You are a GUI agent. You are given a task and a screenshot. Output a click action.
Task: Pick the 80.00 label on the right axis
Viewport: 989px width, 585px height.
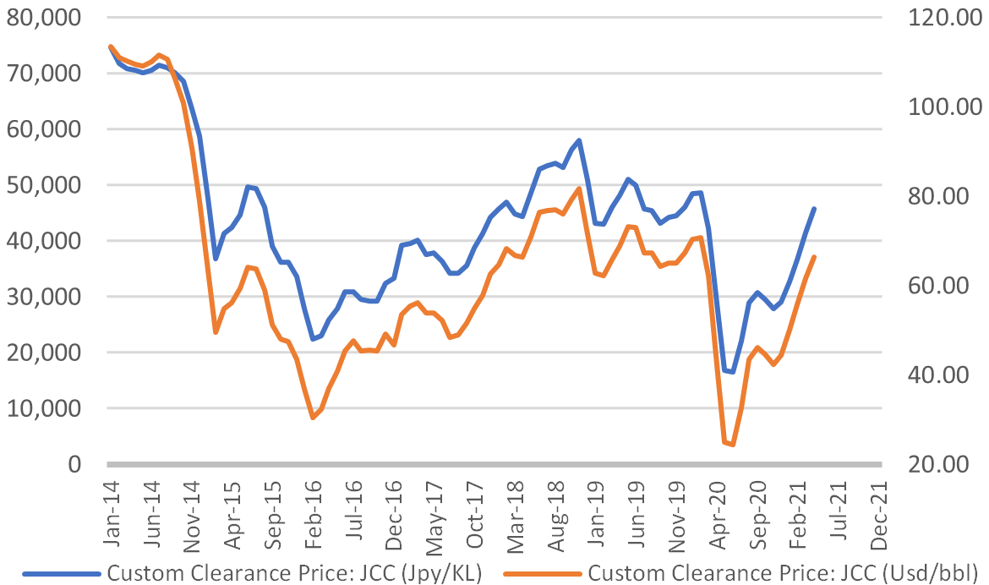point(940,196)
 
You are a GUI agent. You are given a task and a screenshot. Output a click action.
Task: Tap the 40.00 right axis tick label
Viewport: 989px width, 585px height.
point(940,375)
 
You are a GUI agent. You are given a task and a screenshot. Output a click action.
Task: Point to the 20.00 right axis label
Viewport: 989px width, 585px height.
point(940,464)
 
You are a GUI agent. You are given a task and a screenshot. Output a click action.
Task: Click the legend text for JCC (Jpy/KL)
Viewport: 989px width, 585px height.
point(293,572)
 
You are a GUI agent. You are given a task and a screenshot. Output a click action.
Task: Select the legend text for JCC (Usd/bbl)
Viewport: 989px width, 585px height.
point(781,572)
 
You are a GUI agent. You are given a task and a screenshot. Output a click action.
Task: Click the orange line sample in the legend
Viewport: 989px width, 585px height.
point(543,573)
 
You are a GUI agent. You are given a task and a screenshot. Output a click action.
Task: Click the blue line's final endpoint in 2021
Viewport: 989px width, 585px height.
point(814,208)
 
